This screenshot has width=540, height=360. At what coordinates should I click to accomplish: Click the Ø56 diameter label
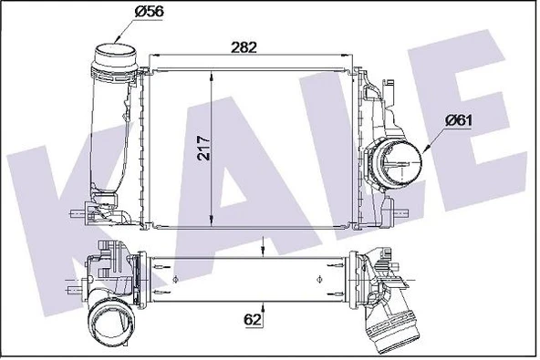pyautogui.click(x=149, y=11)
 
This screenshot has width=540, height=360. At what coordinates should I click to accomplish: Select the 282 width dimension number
pyautogui.click(x=244, y=47)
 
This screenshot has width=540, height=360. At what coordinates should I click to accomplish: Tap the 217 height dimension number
pyautogui.click(x=204, y=149)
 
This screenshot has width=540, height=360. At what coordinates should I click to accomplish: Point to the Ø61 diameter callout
pyautogui.click(x=459, y=120)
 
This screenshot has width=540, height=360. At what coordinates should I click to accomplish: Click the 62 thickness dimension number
pyautogui.click(x=253, y=320)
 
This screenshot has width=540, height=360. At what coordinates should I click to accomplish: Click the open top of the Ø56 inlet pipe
pyautogui.click(x=115, y=52)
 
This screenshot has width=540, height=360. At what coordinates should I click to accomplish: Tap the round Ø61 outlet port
pyautogui.click(x=400, y=162)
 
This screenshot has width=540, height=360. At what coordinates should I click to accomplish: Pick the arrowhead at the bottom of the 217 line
pyautogui.click(x=212, y=221)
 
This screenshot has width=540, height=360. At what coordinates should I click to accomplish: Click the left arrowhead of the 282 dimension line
pyautogui.click(x=154, y=55)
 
